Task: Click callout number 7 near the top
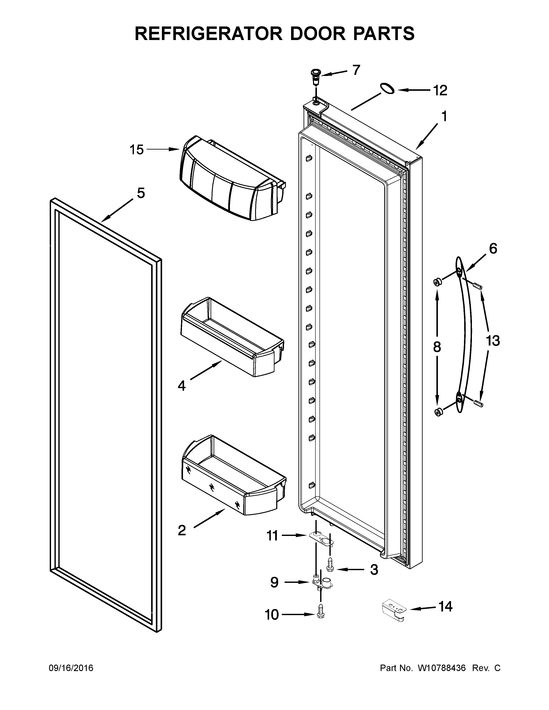tap(357, 70)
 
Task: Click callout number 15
tap(136, 150)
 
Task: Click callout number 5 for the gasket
tap(141, 193)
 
